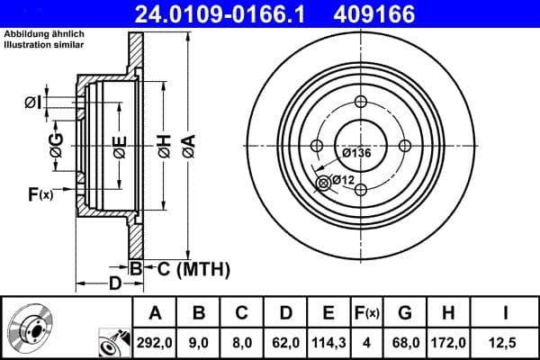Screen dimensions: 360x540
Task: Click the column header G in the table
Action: [x=405, y=313]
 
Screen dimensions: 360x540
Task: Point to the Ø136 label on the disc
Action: [x=355, y=153]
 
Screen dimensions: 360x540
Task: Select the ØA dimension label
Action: [x=187, y=144]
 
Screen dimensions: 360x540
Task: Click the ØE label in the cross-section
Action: [x=119, y=148]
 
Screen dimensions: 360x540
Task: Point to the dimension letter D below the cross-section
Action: [x=115, y=285]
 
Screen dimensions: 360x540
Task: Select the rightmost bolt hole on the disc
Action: [x=404, y=146]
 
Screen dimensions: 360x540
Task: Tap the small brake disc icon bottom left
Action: [x=30, y=328]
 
